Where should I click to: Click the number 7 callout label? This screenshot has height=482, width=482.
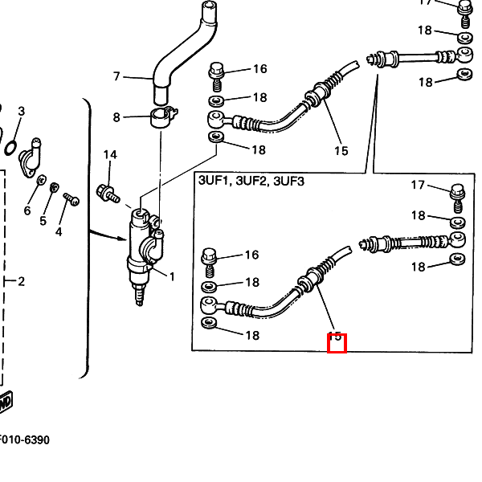click(116, 77)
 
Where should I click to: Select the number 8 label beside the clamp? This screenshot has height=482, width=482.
click(117, 117)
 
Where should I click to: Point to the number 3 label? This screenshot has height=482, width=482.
click(22, 111)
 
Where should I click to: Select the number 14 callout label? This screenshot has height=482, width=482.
click(110, 154)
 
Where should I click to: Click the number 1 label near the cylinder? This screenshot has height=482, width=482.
click(171, 276)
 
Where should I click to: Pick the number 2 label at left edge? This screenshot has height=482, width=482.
click(22, 281)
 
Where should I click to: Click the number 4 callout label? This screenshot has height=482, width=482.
click(59, 232)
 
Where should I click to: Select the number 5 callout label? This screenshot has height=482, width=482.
click(43, 221)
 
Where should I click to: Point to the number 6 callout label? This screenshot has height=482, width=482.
click(27, 210)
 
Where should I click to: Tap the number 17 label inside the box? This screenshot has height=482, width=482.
click(418, 186)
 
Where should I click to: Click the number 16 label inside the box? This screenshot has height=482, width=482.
click(251, 255)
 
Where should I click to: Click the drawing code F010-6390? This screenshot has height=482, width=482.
click(24, 440)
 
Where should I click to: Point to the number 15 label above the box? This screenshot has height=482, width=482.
click(341, 150)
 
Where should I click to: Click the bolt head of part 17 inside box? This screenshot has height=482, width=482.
click(456, 191)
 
